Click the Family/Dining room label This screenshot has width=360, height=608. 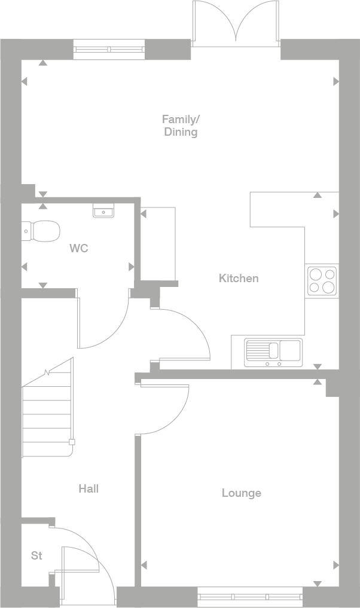click(x=181, y=125)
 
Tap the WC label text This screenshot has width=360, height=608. click(x=78, y=248)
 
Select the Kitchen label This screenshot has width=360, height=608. click(x=239, y=278)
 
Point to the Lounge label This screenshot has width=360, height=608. click(x=242, y=493)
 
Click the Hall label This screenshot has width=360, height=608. click(x=89, y=489)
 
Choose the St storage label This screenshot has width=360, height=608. click(x=36, y=556)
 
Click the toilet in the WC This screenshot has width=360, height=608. click(x=42, y=231)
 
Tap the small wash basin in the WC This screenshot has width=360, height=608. click(x=103, y=210)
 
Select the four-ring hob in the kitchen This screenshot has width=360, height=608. click(x=322, y=281)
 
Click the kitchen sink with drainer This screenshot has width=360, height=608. click(x=273, y=352)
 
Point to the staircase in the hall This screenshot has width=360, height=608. click(x=47, y=413)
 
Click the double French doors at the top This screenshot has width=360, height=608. click(x=236, y=24)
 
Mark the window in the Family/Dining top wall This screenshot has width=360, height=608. click(x=109, y=50)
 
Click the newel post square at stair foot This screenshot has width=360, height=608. click(x=72, y=442)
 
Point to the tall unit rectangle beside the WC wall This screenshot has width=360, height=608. click(x=158, y=245)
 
